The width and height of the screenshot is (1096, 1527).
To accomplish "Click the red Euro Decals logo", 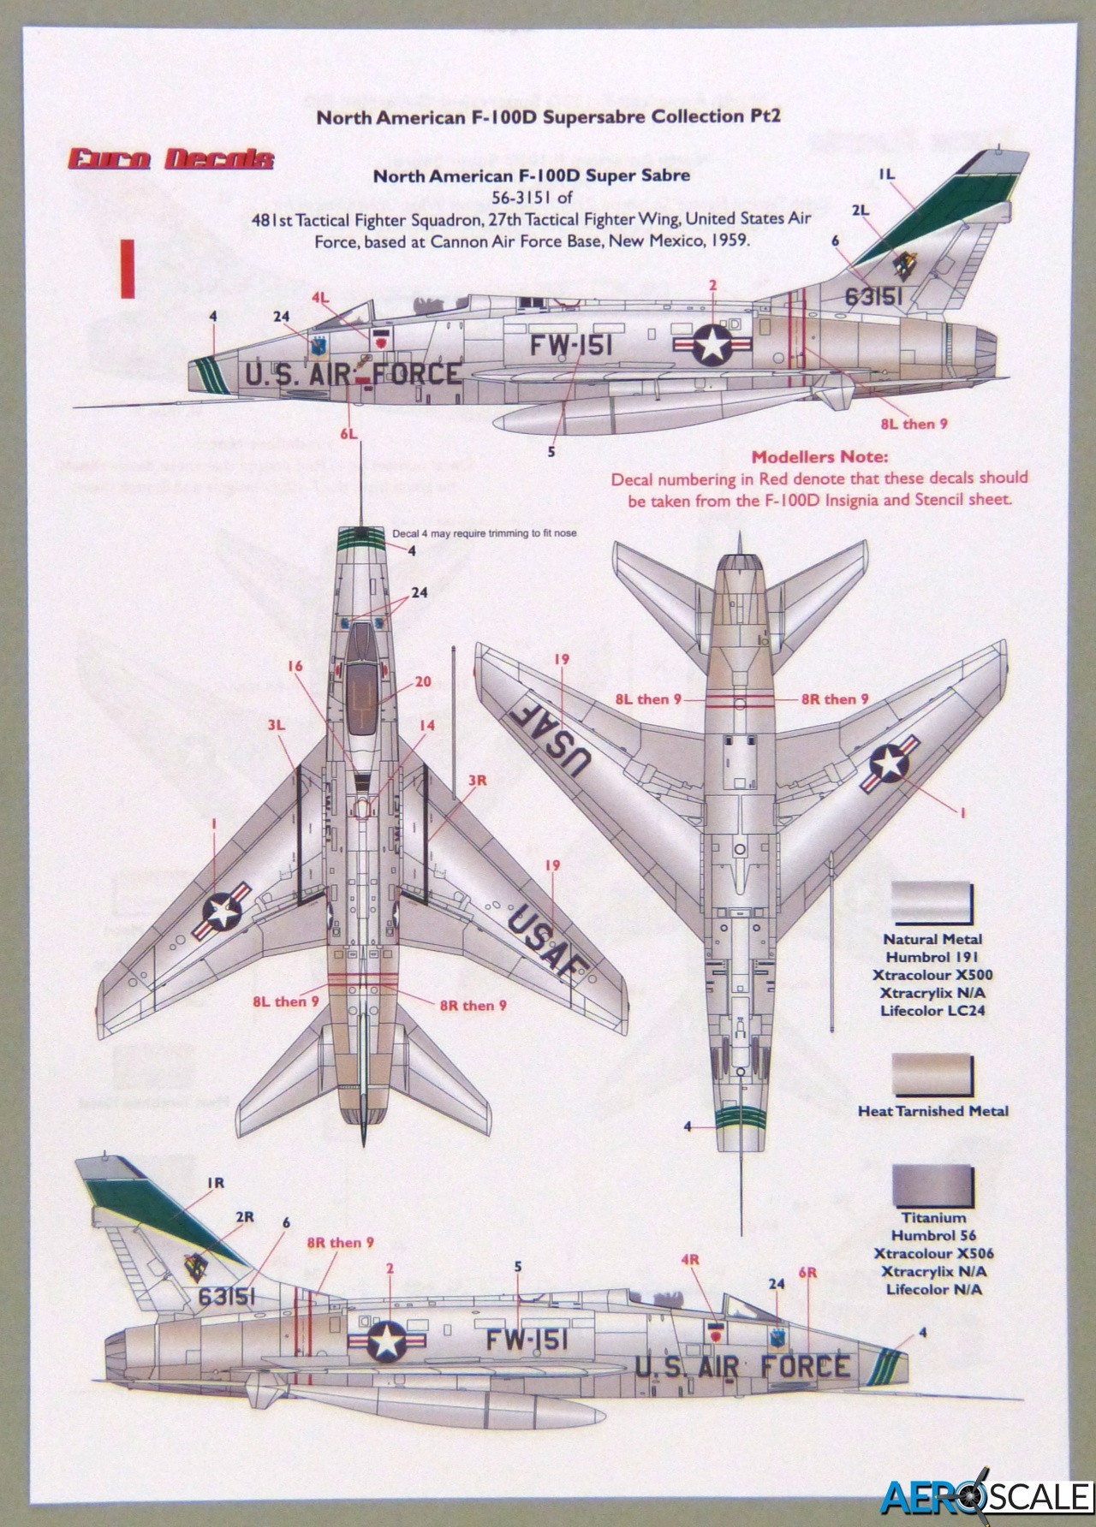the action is point(171,159).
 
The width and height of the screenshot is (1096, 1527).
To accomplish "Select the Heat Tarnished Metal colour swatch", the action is point(932,1074).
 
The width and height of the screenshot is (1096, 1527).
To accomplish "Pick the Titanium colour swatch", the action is point(932,1185).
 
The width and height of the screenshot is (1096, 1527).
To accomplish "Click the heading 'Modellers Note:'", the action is point(819,457).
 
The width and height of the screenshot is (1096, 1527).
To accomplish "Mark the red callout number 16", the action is point(295,665).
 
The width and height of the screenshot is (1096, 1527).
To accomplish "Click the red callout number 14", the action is point(426,726).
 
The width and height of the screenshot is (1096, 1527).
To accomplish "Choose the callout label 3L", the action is point(275,725).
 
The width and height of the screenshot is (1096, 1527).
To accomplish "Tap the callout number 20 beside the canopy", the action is point(423,682).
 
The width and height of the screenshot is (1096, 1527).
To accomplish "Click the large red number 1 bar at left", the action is point(128,269).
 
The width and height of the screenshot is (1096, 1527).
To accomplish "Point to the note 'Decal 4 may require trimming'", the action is point(484,533).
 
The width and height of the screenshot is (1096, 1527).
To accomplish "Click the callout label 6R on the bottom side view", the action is point(808,1273).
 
